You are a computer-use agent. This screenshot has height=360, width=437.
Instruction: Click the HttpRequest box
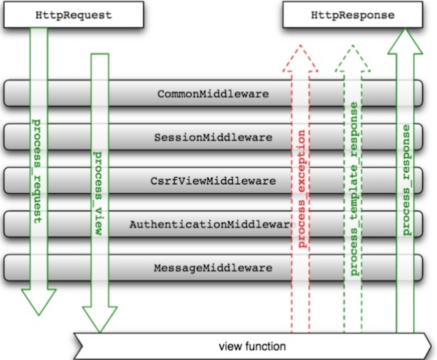[73, 15]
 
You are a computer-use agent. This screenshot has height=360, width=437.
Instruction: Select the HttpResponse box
[353, 15]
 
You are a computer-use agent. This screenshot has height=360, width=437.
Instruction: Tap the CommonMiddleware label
[213, 94]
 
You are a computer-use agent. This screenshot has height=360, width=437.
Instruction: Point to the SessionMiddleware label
[213, 137]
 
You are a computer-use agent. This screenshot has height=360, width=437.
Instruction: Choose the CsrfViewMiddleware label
[213, 181]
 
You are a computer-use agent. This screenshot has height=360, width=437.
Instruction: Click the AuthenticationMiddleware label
[212, 225]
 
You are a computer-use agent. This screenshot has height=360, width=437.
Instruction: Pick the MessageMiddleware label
[213, 268]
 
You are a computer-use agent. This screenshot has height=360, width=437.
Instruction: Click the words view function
[253, 347]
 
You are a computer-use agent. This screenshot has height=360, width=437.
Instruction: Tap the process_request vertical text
[37, 171]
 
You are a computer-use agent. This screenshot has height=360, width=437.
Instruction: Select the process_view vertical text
[98, 193]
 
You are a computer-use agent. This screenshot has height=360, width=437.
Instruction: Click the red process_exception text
[302, 189]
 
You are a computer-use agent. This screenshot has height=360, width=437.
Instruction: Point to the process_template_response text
[354, 189]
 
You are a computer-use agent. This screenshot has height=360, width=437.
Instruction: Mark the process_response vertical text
[406, 181]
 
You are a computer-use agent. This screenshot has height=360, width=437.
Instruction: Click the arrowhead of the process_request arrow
[39, 302]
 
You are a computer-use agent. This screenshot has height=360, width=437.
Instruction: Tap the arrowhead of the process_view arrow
[100, 320]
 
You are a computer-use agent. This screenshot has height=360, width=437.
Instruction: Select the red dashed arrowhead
[300, 59]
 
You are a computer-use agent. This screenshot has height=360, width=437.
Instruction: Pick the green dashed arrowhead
[353, 59]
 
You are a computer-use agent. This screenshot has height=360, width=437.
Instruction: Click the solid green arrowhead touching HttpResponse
[405, 42]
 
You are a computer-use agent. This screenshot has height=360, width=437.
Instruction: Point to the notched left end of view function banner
[82, 346]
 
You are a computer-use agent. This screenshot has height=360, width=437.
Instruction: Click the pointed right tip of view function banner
[431, 346]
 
